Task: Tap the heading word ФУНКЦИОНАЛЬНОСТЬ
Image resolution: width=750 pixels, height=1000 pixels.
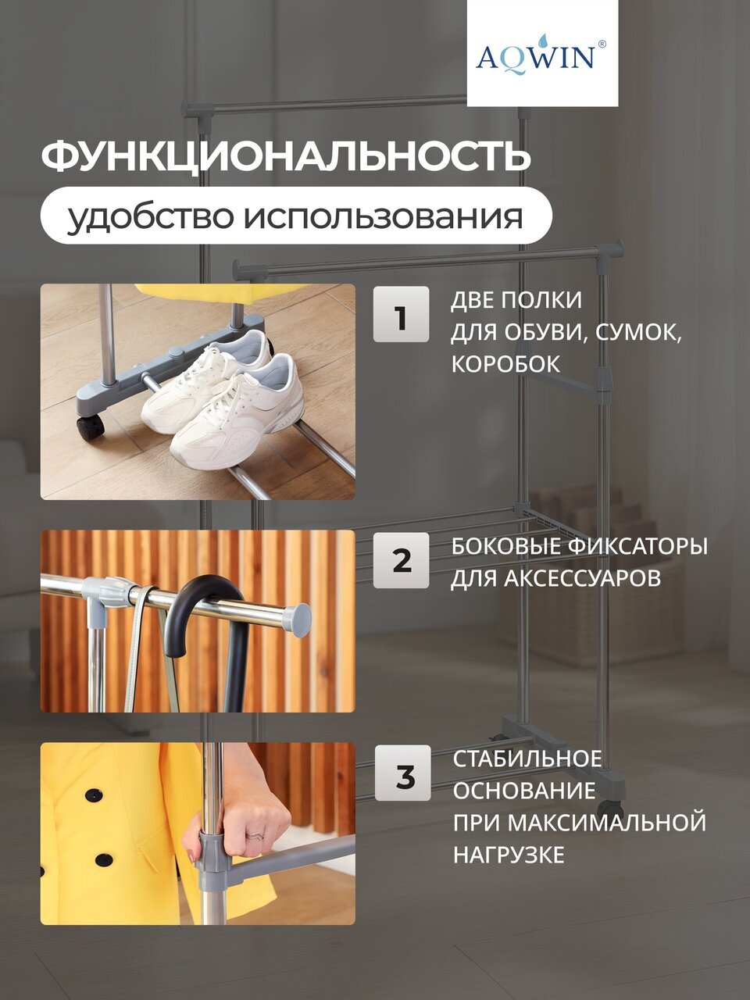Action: click(286, 155)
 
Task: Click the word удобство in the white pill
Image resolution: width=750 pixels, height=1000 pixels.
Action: click(151, 216)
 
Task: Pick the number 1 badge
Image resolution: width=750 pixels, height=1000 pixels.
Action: click(402, 314)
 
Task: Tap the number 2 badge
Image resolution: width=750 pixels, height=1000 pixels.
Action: click(402, 560)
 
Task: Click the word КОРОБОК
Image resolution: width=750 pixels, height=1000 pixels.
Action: click(506, 364)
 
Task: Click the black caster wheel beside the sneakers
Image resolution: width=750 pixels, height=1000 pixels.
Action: click(90, 427)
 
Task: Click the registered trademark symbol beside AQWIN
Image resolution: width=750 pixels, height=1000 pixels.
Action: click(602, 45)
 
